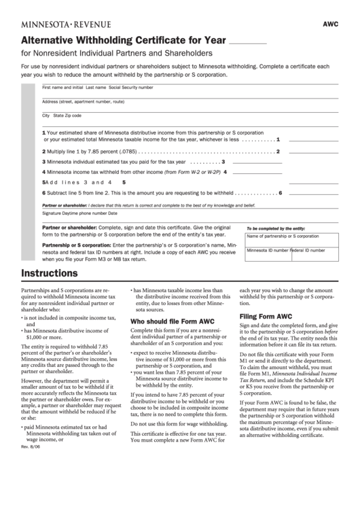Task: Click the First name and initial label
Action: click(x=62, y=88)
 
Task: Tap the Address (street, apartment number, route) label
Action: click(x=83, y=101)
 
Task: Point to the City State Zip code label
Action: click(x=62, y=116)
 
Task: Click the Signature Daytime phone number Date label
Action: click(x=75, y=213)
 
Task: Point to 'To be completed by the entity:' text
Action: click(x=275, y=229)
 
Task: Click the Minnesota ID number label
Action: click(x=268, y=250)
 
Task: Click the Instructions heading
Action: click(x=49, y=274)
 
